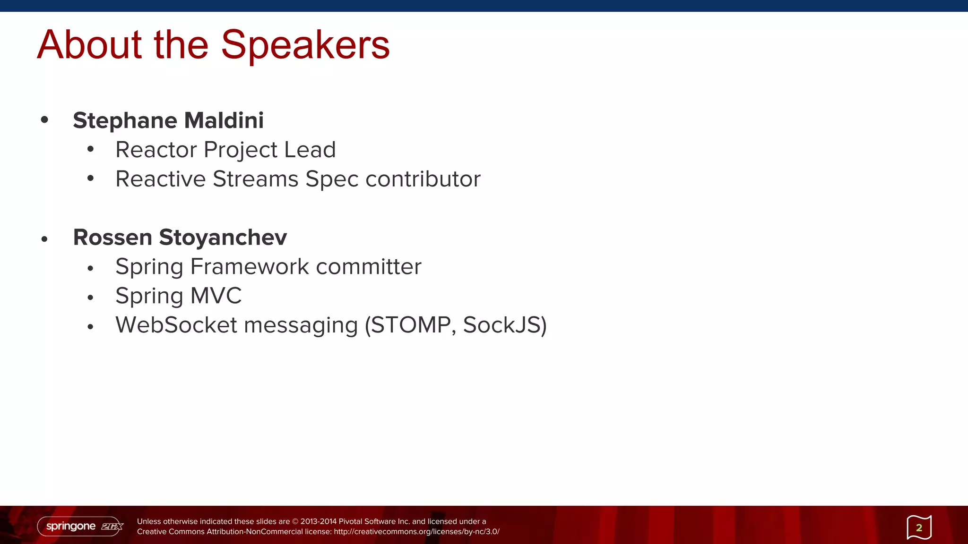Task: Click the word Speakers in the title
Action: [305, 45]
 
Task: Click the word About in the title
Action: [89, 45]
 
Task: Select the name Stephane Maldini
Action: [168, 120]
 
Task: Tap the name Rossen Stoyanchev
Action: [180, 237]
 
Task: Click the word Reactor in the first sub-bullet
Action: [156, 150]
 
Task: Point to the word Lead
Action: [310, 150]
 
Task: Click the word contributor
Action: [423, 179]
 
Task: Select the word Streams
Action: [255, 179]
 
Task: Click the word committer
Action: [368, 267]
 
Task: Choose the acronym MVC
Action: [216, 296]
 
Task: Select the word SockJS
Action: [501, 325]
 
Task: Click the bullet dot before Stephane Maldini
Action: [44, 120]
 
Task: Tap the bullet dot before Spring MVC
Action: [90, 298]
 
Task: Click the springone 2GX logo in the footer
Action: [80, 526]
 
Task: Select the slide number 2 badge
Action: [919, 527]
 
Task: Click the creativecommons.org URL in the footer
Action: [416, 532]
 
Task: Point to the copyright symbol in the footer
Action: [295, 522]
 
